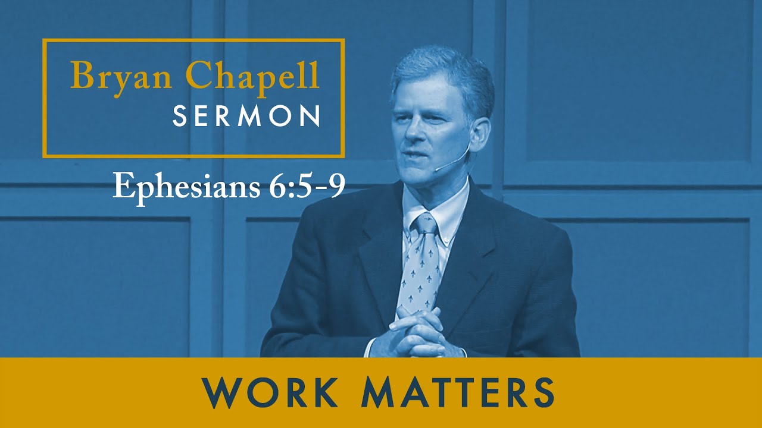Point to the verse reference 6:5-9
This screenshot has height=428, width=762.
pos(304,187)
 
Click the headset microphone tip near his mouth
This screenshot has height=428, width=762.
pos(436,169)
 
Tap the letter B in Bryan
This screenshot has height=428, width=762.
pos(81,76)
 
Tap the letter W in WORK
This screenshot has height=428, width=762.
pos(221,392)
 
